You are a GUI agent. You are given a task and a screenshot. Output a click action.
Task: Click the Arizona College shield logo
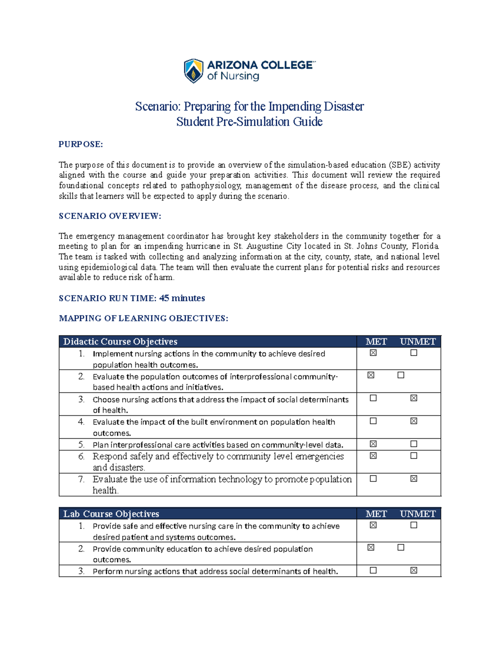pyautogui.click(x=194, y=71)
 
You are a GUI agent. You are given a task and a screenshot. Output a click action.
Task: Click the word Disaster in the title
pyautogui.click(x=344, y=107)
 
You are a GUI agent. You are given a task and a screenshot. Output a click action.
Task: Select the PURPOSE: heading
pyautogui.click(x=81, y=145)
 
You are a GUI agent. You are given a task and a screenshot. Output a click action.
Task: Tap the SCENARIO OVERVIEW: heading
pyautogui.click(x=110, y=216)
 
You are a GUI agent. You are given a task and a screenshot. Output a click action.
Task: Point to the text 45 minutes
pyautogui.click(x=182, y=298)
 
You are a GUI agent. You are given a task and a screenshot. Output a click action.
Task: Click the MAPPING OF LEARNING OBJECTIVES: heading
pyautogui.click(x=144, y=319)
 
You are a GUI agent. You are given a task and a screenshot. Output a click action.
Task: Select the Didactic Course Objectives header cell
pyautogui.click(x=120, y=342)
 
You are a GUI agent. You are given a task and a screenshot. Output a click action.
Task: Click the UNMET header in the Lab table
pyautogui.click(x=417, y=514)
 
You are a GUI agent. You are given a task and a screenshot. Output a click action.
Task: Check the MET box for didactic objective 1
pyautogui.click(x=373, y=353)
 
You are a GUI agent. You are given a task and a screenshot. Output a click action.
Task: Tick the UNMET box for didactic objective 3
pyautogui.click(x=413, y=398)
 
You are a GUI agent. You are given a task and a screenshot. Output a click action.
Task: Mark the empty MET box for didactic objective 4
pyautogui.click(x=373, y=421)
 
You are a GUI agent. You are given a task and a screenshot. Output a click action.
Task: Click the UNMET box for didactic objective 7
pyautogui.click(x=413, y=479)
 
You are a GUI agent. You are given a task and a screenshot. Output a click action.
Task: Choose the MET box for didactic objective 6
pyautogui.click(x=373, y=456)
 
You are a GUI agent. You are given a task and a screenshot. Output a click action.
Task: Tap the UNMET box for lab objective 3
pyautogui.click(x=413, y=570)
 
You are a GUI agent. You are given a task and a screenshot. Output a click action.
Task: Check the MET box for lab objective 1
pyautogui.click(x=373, y=525)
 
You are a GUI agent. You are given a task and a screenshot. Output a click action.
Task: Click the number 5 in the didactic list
pyautogui.click(x=81, y=445)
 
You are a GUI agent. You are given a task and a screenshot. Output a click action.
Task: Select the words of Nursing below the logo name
pyautogui.click(x=233, y=76)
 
